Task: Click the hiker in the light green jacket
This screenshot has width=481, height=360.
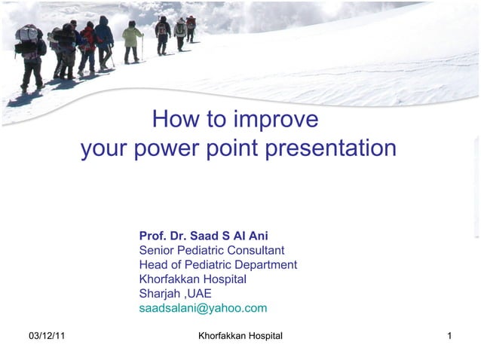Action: click(132, 38)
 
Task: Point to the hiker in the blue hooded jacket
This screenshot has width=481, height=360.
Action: click(103, 38)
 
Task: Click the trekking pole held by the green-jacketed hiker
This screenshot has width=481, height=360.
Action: click(142, 48)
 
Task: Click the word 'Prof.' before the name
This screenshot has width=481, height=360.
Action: click(154, 236)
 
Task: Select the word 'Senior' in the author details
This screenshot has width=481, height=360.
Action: click(158, 250)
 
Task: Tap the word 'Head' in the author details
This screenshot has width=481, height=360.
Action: click(154, 264)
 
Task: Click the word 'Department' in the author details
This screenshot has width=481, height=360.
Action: click(265, 264)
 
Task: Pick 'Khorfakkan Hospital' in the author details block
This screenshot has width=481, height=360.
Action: click(192, 279)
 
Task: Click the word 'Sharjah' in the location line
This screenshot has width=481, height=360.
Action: click(160, 294)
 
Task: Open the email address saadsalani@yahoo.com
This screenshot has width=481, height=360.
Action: click(203, 308)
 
